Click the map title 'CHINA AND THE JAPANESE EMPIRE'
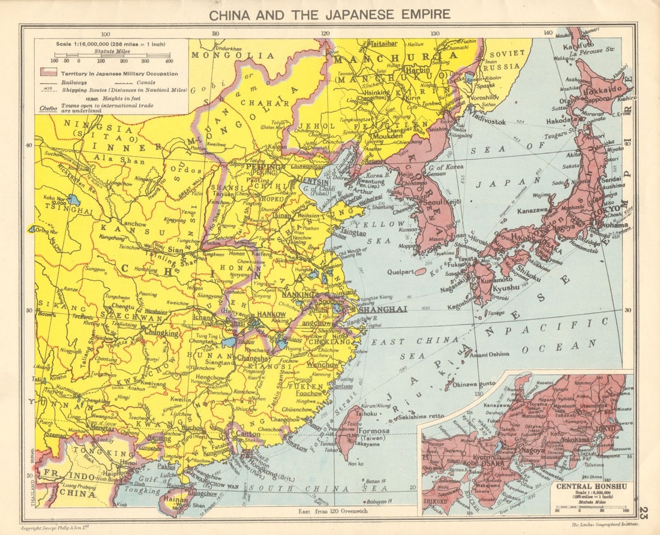329,13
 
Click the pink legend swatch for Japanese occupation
47,72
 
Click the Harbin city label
415,70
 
